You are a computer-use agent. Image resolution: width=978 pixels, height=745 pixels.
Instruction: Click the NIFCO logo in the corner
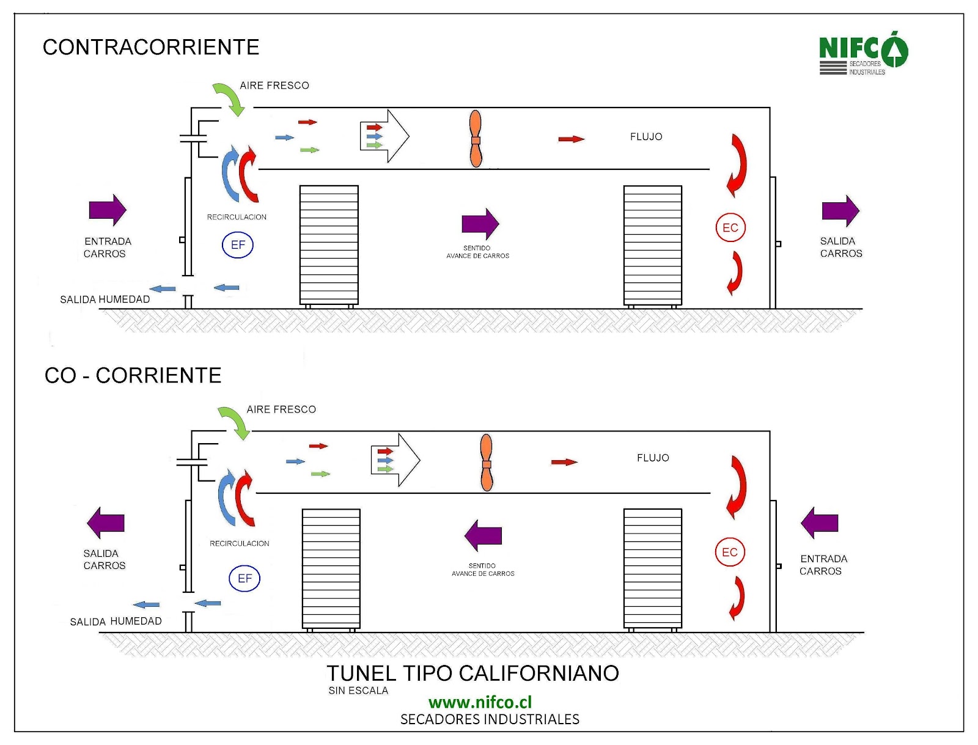862,53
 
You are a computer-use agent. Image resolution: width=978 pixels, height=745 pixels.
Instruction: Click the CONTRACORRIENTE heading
151,47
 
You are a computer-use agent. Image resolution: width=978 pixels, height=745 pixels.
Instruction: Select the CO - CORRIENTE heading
133,375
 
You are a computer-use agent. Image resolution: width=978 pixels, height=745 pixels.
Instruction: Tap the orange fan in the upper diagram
476,139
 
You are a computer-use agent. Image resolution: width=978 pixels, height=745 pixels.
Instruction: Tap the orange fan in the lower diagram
487,463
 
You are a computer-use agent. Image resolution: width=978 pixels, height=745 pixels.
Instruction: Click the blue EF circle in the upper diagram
238,245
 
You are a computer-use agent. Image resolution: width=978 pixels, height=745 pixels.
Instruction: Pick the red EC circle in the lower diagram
730,552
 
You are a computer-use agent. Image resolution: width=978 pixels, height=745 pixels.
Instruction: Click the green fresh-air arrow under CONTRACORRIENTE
229,98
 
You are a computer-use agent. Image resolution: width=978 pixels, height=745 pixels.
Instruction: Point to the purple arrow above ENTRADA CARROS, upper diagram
108,210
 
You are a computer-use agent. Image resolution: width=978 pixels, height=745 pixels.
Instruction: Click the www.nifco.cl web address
480,702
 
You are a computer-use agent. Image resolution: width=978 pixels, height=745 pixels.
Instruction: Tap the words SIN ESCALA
358,691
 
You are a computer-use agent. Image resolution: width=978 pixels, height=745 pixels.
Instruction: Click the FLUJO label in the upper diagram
646,137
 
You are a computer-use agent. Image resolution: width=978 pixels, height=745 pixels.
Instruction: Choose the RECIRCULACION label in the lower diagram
239,543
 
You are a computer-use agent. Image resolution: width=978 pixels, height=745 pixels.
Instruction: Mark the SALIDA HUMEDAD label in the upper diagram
105,299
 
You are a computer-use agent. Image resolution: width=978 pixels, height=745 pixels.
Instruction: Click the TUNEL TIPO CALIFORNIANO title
472,673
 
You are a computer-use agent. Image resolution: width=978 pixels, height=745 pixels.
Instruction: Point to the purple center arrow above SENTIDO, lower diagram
483,535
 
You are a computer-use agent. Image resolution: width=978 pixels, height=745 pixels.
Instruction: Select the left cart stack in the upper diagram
329,244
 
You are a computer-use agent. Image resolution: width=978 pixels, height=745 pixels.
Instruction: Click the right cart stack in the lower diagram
653,568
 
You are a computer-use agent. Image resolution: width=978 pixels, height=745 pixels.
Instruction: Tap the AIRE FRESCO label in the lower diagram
281,409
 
